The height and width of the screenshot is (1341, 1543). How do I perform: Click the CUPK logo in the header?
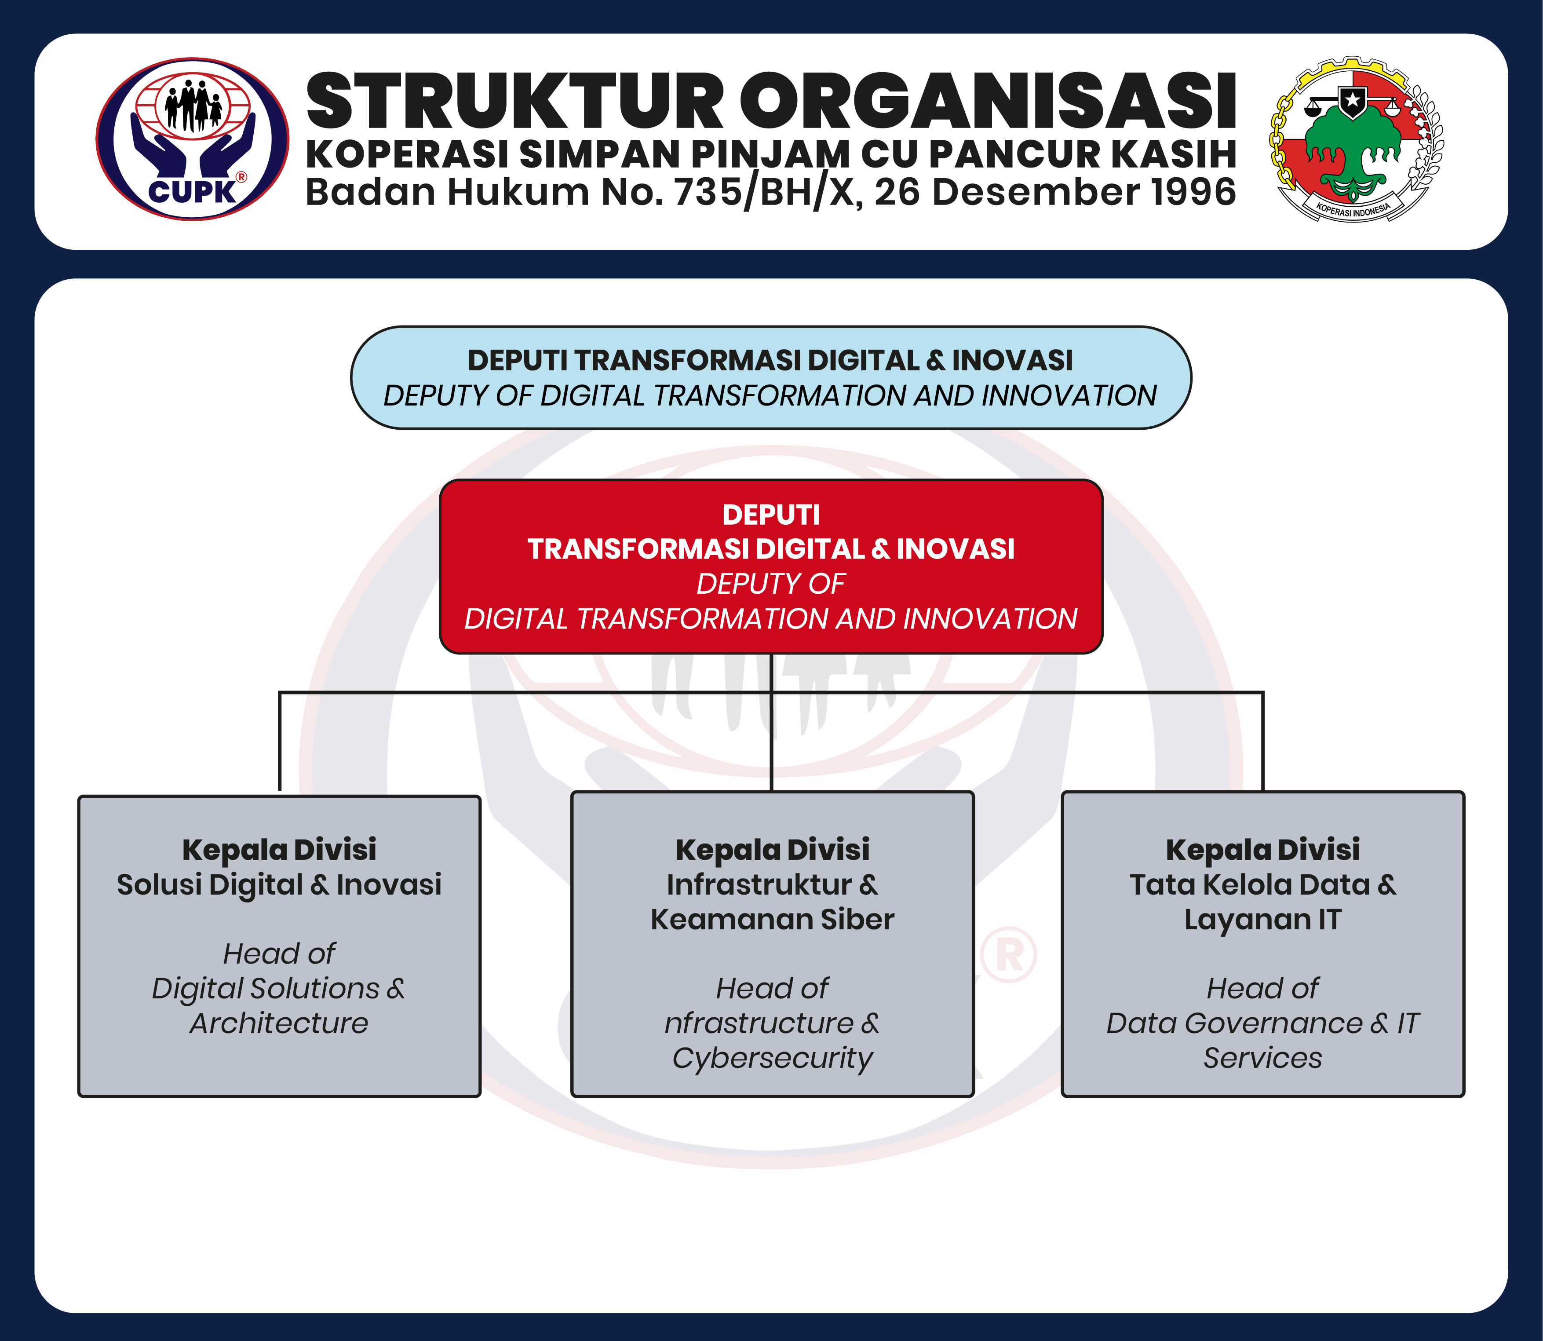coord(192,139)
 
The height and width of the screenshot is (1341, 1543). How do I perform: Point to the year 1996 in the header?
coord(1193,192)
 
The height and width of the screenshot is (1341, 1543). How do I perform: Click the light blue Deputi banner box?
coord(771,377)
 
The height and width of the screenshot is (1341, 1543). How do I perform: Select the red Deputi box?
coord(771,566)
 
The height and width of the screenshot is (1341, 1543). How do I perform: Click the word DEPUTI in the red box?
coord(771,515)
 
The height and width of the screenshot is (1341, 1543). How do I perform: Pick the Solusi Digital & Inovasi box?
coord(279,946)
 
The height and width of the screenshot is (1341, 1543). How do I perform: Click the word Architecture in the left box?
coord(279,1023)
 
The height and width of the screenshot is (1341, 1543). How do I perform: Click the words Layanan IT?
coord(1263,920)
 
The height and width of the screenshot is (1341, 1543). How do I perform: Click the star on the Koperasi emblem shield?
coord(1352,99)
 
